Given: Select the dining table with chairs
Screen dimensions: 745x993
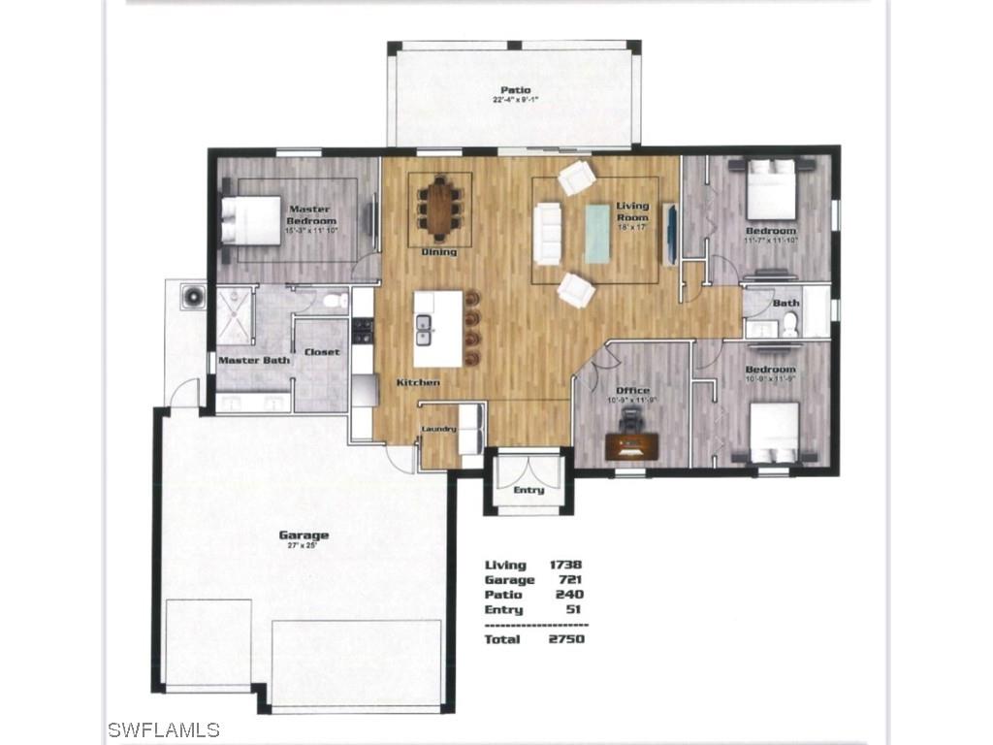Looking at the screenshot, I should pos(439,209).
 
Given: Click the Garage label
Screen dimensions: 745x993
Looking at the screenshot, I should pos(304,534).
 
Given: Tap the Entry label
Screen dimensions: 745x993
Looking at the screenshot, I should pos(529,490).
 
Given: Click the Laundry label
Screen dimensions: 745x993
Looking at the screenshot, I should pos(438,428).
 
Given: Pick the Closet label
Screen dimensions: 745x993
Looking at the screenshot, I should pos(322,352).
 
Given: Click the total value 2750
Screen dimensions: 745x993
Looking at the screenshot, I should pos(567,639).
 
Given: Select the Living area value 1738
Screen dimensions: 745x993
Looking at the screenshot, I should pos(565,565).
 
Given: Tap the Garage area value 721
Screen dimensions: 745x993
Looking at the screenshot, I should pos(570,580).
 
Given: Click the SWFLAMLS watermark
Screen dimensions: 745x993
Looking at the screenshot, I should pos(164,729).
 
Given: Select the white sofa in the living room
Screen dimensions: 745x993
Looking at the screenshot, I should pos(549,234).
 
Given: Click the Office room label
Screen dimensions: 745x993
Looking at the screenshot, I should pos(633,390).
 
